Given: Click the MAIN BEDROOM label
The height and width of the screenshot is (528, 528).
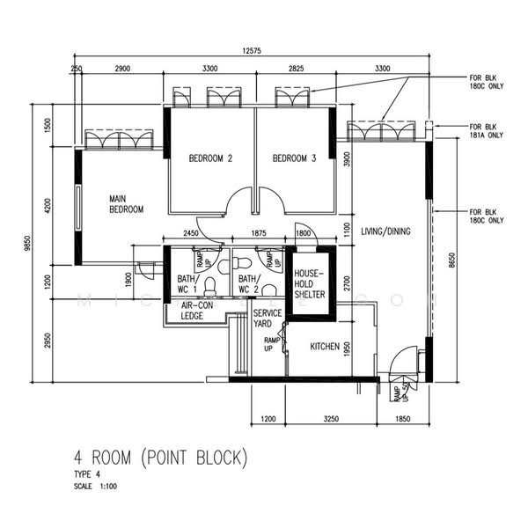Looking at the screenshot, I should (x=126, y=204).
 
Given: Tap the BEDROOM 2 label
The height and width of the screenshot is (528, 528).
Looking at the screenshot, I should (x=210, y=159).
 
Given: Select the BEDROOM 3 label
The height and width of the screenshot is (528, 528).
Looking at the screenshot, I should (x=294, y=159).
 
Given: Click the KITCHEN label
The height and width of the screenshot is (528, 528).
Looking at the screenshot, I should (x=325, y=348).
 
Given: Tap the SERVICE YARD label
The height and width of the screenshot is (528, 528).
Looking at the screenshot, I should (x=267, y=319).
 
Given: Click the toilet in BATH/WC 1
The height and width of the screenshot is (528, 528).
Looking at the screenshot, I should (x=209, y=284).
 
